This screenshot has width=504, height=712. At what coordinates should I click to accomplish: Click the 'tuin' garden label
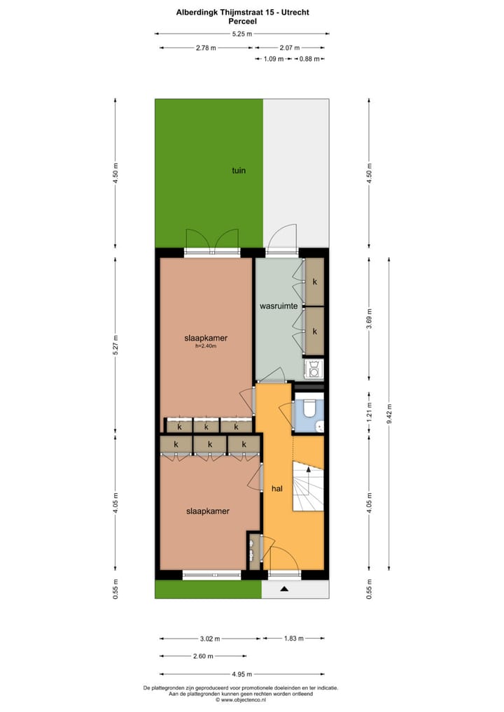(x=239, y=170)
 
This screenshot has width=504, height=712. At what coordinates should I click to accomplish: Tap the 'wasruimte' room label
(x=279, y=306)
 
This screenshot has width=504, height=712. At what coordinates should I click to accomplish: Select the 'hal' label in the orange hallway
(x=276, y=489)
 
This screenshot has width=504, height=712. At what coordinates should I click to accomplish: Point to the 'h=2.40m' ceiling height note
(x=206, y=346)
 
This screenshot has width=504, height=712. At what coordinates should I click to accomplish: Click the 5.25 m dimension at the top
(x=242, y=34)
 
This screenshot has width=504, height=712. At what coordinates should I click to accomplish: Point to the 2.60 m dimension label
(x=203, y=656)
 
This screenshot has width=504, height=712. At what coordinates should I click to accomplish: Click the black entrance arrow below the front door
(x=284, y=590)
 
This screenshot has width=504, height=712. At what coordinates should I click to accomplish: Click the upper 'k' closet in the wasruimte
(x=315, y=282)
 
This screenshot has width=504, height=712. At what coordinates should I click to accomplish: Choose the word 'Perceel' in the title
(x=242, y=22)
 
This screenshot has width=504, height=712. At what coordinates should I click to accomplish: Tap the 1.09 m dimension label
(x=273, y=59)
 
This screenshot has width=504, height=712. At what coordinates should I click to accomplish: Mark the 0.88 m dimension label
(x=309, y=59)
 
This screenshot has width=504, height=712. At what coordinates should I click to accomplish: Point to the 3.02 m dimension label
(x=209, y=638)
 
